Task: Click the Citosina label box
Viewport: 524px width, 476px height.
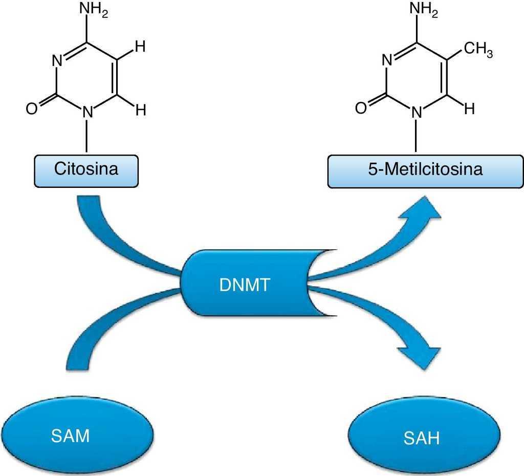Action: [86, 169]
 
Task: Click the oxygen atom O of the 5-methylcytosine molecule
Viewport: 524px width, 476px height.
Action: [361, 109]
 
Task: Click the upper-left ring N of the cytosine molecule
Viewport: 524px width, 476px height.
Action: [57, 61]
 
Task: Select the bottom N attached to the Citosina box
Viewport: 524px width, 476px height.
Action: [88, 111]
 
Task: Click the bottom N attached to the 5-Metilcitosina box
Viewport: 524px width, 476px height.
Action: [418, 111]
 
